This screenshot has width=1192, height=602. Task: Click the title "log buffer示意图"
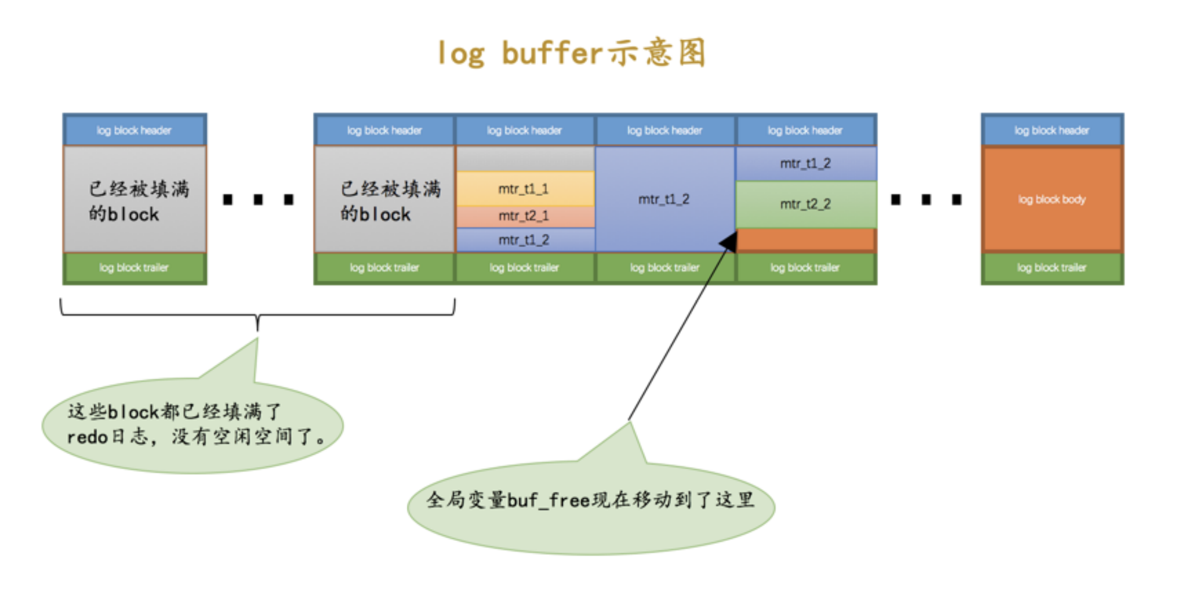[572, 54]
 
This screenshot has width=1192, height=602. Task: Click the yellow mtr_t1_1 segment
[524, 189]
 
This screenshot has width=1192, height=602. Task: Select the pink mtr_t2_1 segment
[524, 216]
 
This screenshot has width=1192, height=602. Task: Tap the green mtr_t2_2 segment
[806, 204]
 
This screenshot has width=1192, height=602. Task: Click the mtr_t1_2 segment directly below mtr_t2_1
[524, 240]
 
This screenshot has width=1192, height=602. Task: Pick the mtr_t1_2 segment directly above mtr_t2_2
[806, 164]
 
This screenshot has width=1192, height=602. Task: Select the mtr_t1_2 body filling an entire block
[664, 199]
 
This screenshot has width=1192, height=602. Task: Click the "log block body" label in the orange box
[1052, 199]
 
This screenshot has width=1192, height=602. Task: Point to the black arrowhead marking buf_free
[729, 241]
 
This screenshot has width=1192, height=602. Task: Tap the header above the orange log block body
[1052, 130]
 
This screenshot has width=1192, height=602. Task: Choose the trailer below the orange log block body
[1052, 268]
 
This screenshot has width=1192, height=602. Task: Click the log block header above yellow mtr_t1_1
[524, 130]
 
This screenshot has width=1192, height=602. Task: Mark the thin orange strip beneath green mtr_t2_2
[806, 239]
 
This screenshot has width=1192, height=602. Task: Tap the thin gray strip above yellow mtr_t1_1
[524, 159]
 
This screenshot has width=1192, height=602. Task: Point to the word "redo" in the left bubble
[87, 437]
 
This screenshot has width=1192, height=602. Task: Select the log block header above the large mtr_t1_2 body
[664, 130]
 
